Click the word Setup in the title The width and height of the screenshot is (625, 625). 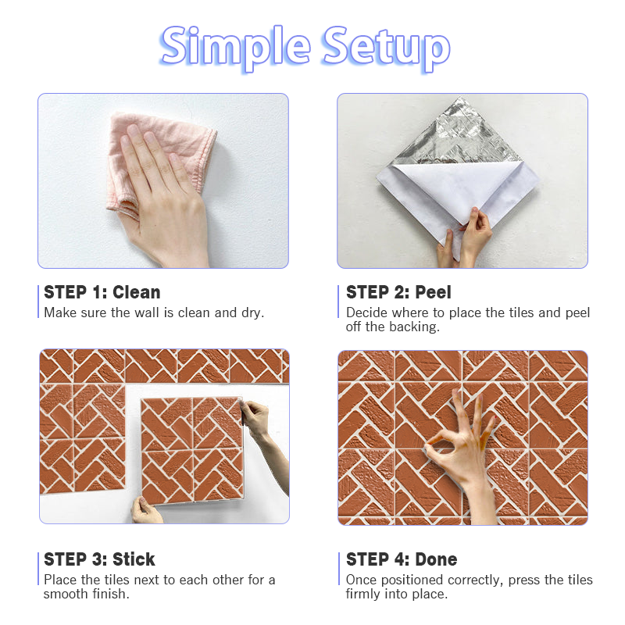coord(386,48)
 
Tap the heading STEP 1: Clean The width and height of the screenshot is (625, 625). coord(102,292)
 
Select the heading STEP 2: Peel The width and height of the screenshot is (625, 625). coord(398,292)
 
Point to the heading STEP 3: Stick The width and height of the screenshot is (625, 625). coord(99,559)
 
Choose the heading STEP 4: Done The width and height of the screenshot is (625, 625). coord(402,559)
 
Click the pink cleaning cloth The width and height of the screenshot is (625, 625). coord(159,159)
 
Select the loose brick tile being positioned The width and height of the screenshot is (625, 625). coord(192,451)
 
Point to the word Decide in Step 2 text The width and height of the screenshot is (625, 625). coord(366,312)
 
